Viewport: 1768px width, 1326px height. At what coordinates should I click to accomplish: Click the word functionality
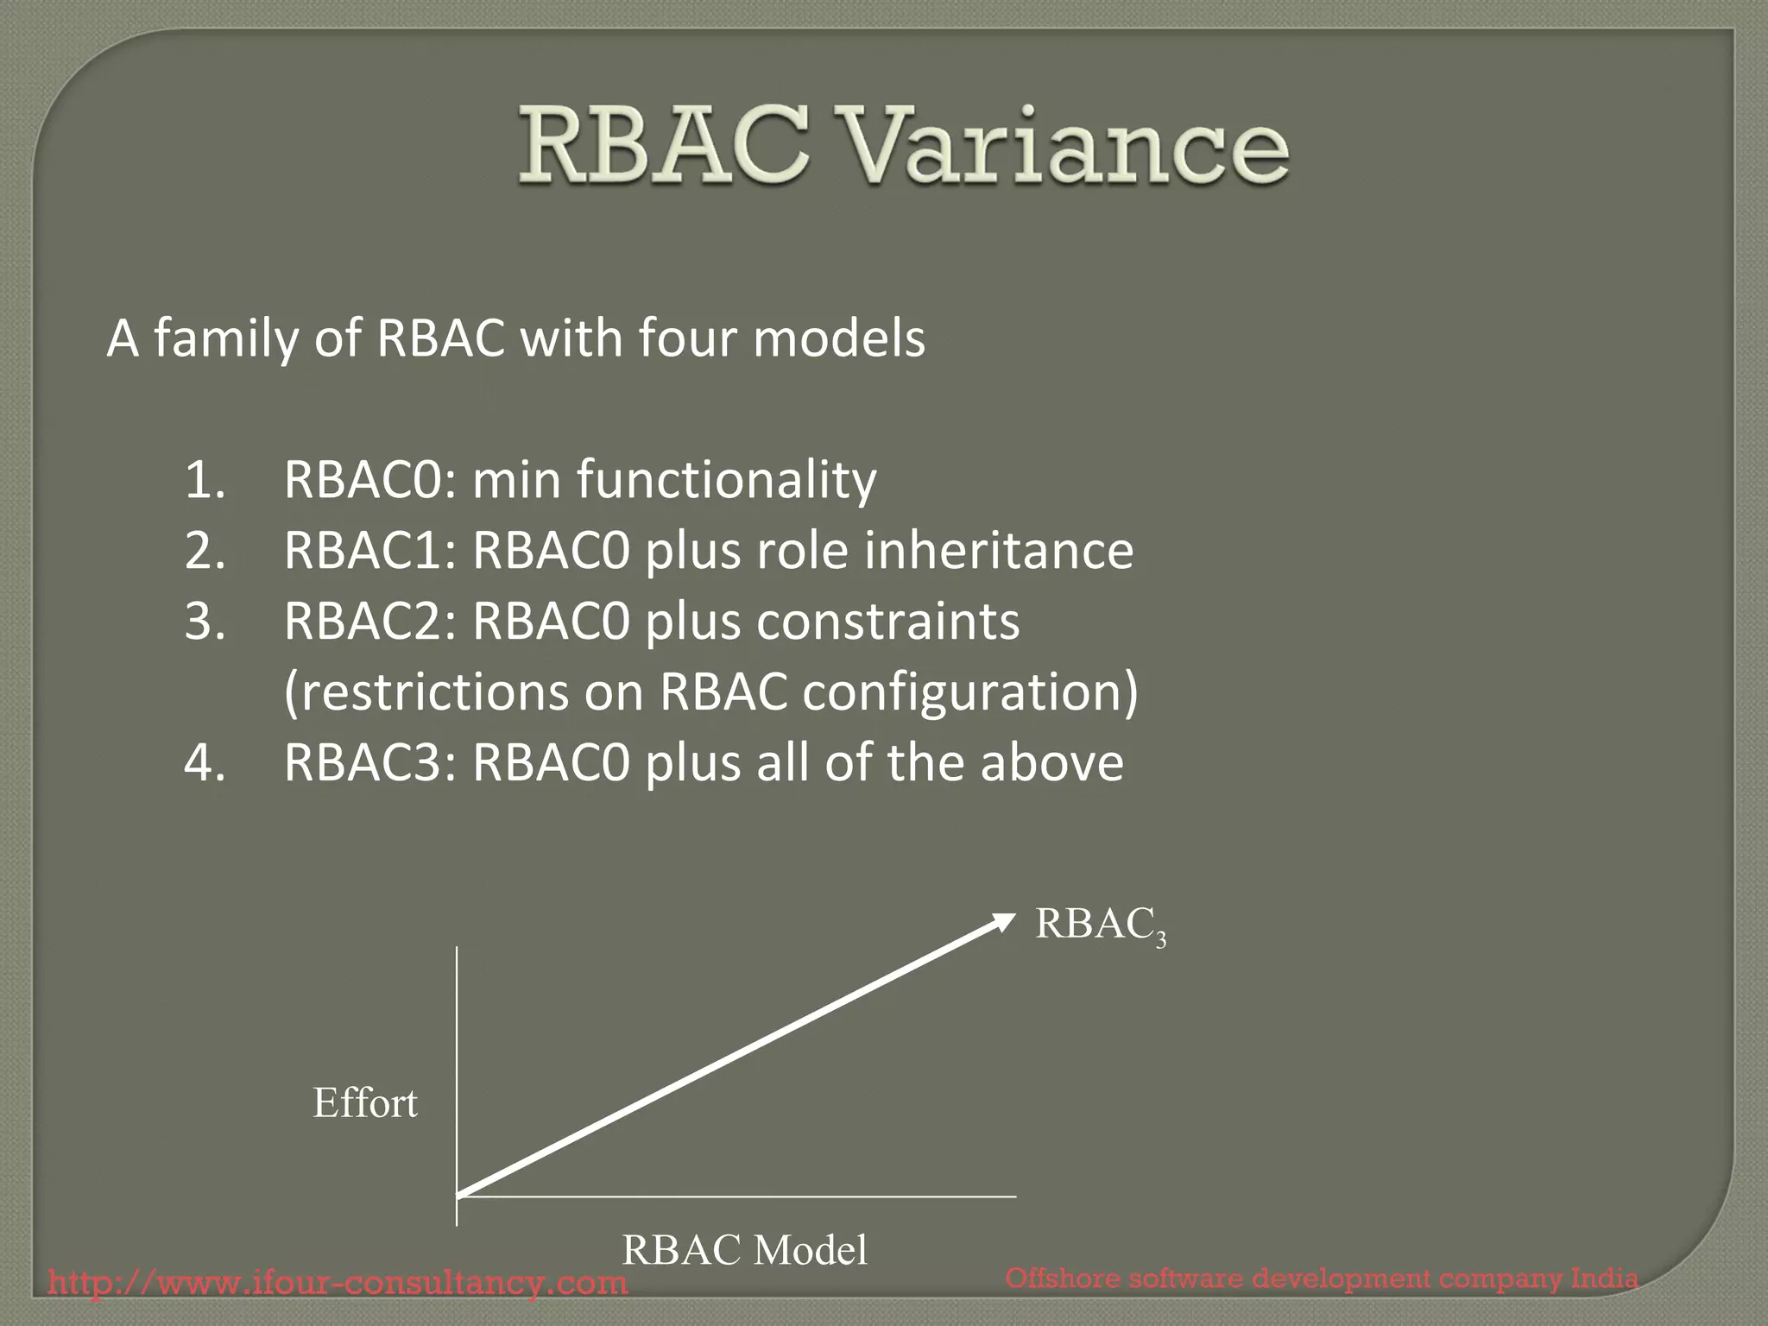pos(726,480)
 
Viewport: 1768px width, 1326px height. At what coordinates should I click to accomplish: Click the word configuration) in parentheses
pos(969,692)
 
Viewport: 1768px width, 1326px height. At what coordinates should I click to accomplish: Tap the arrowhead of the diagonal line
pos(1003,922)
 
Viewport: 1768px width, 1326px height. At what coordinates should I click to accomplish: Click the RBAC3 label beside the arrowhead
pos(1100,925)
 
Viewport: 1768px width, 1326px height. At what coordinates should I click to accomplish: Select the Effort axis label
pos(364,1103)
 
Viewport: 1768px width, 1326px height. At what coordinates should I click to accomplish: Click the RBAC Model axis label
pos(744,1250)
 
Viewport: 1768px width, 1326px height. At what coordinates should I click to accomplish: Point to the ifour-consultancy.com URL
pos(338,1282)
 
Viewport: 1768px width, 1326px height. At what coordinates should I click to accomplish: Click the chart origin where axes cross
pos(457,1197)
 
